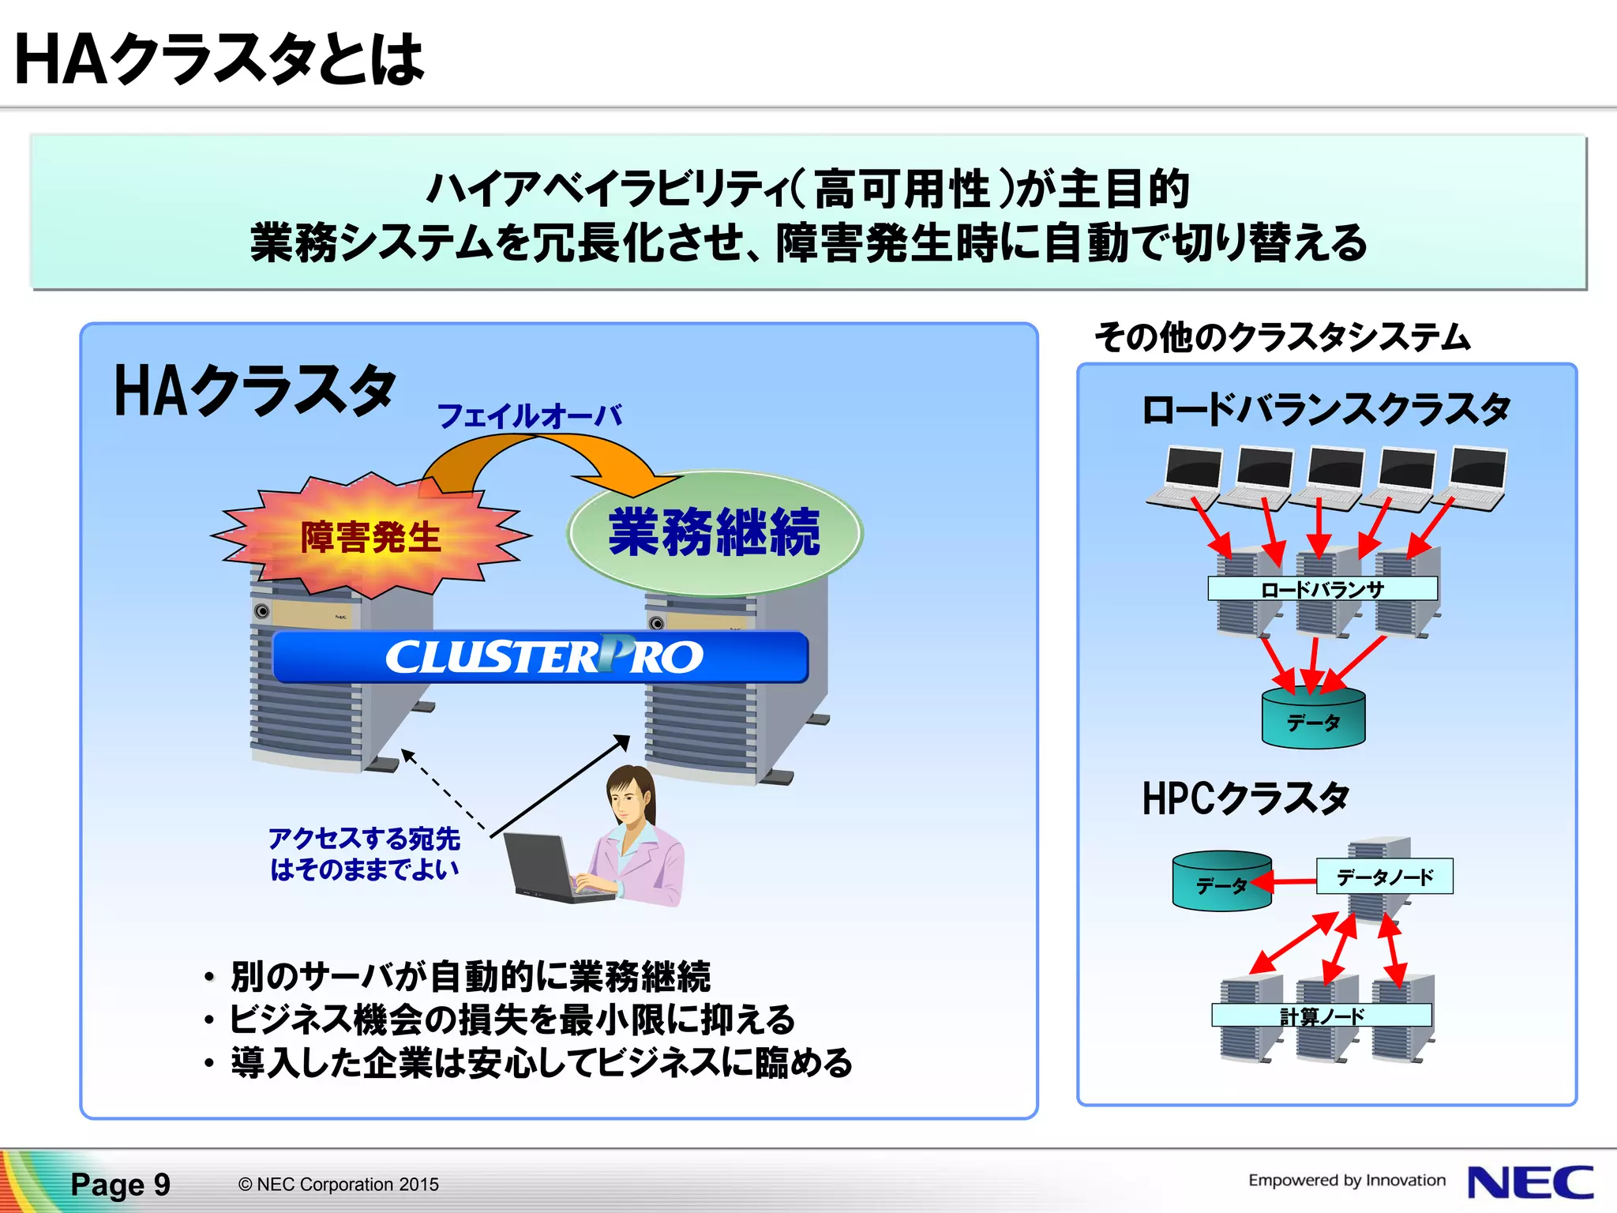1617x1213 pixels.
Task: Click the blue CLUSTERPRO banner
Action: pyautogui.click(x=541, y=657)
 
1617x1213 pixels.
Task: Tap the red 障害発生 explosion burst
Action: pyautogui.click(x=370, y=536)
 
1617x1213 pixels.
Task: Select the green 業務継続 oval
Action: pyautogui.click(x=715, y=533)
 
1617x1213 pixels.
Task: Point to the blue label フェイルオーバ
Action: pyautogui.click(x=529, y=416)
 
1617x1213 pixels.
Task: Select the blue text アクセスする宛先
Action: pyautogui.click(x=364, y=839)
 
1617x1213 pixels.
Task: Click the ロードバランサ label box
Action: pyautogui.click(x=1322, y=589)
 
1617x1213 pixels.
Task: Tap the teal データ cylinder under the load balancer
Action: pyautogui.click(x=1313, y=719)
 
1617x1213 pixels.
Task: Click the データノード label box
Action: pyautogui.click(x=1384, y=877)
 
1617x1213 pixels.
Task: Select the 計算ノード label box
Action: pyautogui.click(x=1322, y=1016)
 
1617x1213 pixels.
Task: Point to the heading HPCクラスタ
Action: pyautogui.click(x=1245, y=798)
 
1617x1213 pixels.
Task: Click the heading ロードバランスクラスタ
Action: pyautogui.click(x=1326, y=410)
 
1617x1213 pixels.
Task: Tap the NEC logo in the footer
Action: pyautogui.click(x=1529, y=1182)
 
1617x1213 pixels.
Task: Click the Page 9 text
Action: pyautogui.click(x=120, y=1185)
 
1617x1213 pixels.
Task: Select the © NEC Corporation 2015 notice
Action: pyautogui.click(x=338, y=1185)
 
